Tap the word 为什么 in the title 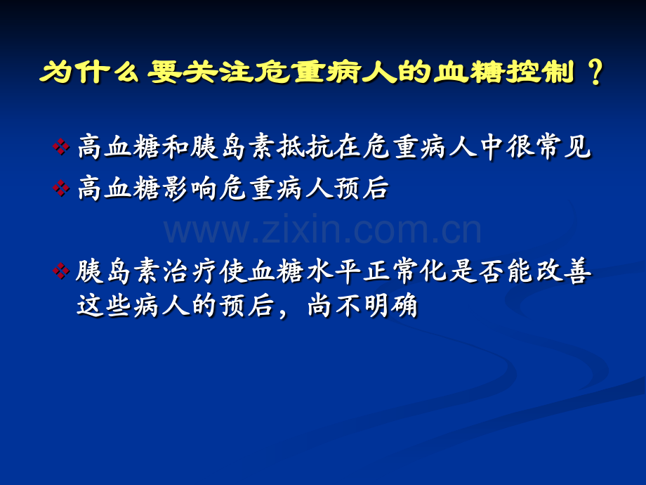pyautogui.click(x=89, y=72)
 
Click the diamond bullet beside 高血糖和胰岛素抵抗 pyautogui.click(x=61, y=146)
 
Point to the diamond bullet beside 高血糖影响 pyautogui.click(x=61, y=188)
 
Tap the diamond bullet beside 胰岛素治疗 pyautogui.click(x=61, y=271)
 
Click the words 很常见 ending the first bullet pyautogui.click(x=549, y=147)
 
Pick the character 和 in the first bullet pyautogui.click(x=176, y=147)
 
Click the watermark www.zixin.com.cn pyautogui.click(x=322, y=229)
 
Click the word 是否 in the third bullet pyautogui.click(x=477, y=271)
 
